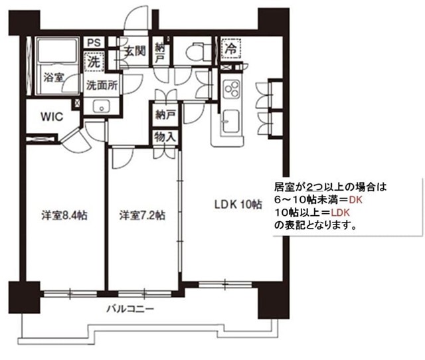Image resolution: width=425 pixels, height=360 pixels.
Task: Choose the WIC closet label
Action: (x=51, y=118)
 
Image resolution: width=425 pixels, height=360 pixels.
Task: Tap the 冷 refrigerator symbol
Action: (x=230, y=49)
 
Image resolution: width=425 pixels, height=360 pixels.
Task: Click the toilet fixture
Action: (x=197, y=50)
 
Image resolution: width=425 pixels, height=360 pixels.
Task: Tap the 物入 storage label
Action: (x=164, y=137)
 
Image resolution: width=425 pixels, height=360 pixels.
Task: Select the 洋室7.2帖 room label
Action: (x=142, y=215)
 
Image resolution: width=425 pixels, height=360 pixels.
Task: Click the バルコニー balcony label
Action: (x=131, y=310)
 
